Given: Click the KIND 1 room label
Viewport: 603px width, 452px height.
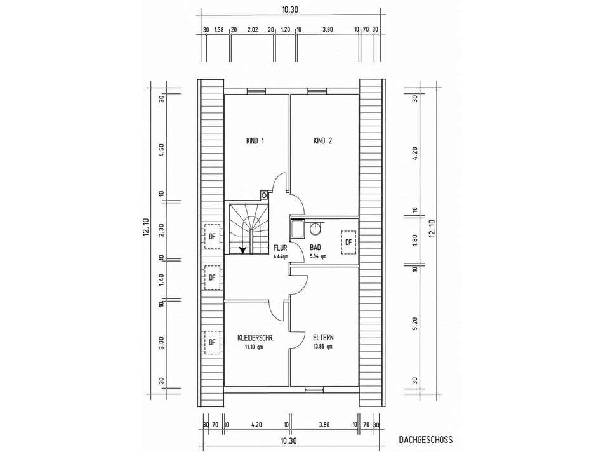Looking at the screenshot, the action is click(255, 141).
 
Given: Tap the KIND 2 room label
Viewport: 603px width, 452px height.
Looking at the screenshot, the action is click(322, 141).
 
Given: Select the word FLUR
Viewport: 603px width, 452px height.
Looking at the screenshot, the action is click(280, 248).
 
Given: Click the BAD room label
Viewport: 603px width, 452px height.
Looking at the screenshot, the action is click(315, 248).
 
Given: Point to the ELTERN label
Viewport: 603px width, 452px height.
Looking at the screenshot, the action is click(323, 338).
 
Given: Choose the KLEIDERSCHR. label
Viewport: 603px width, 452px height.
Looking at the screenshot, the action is click(256, 338).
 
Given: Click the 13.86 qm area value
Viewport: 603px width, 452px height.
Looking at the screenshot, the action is click(323, 347).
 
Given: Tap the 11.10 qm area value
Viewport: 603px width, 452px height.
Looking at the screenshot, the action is click(254, 347).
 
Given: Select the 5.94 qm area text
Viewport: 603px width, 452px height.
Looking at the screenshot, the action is click(317, 256).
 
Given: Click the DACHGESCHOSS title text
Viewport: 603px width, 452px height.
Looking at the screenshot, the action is click(426, 440).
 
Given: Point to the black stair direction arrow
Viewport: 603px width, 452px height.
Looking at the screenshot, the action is click(242, 250).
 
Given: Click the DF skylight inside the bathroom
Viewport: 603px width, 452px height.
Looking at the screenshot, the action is click(349, 243).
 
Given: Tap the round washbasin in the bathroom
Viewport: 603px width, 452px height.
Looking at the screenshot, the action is click(315, 228).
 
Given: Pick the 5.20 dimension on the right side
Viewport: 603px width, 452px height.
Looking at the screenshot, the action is click(414, 324).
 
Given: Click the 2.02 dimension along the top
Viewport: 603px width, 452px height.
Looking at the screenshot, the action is click(253, 29).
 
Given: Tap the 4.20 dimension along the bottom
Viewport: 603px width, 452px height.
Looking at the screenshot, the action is click(256, 425).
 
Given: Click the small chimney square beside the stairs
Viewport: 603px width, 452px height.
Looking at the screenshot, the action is click(264, 196).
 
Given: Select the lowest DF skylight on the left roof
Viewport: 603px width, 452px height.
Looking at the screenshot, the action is click(212, 342).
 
